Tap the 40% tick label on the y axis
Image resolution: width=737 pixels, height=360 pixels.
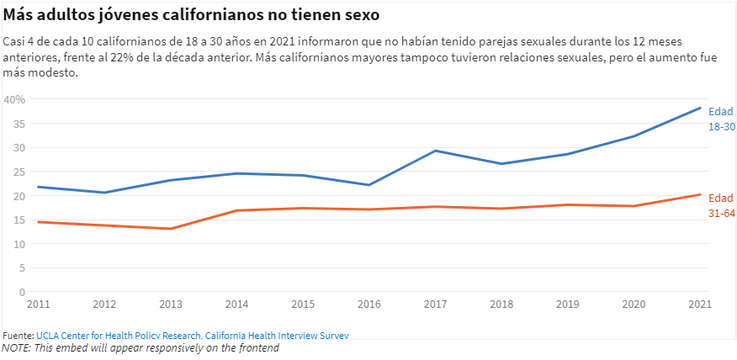click(x=15, y=99)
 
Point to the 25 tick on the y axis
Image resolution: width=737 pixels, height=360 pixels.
click(x=19, y=172)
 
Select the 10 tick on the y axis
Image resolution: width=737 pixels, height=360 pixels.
click(x=19, y=244)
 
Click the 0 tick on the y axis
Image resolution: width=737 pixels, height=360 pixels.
click(x=23, y=292)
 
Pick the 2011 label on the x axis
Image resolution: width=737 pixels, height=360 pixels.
click(x=38, y=303)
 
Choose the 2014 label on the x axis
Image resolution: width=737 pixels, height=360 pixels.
click(x=237, y=303)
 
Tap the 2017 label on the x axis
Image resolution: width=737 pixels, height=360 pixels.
click(x=436, y=303)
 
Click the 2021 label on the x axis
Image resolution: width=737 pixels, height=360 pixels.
click(x=700, y=303)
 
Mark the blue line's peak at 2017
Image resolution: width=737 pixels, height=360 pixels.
click(x=436, y=151)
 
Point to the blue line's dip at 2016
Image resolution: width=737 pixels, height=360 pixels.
click(x=369, y=185)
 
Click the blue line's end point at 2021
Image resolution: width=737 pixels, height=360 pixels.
click(x=701, y=108)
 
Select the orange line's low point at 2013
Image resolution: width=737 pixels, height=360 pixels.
click(x=171, y=229)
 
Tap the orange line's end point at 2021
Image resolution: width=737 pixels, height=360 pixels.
click(x=701, y=194)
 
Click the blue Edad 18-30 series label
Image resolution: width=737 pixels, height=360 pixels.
click(x=721, y=119)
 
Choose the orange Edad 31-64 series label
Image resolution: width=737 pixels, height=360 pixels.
click(x=721, y=206)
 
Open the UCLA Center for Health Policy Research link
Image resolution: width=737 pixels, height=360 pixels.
click(x=192, y=335)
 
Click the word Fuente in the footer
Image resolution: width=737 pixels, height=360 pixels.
click(x=17, y=335)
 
